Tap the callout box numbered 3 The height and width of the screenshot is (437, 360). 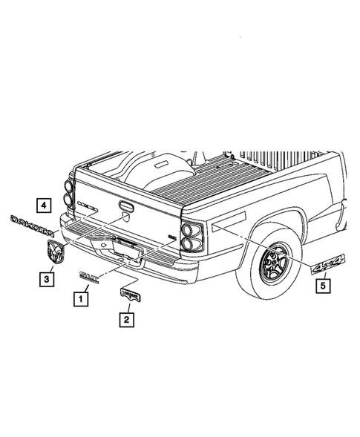point(47,279)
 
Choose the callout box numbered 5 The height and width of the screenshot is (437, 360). point(323,283)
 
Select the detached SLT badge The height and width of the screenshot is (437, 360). point(91,277)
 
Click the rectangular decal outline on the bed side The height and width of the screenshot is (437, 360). point(233,220)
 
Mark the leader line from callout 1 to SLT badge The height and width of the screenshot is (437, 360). point(85,289)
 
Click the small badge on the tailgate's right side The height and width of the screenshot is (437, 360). point(171,237)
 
